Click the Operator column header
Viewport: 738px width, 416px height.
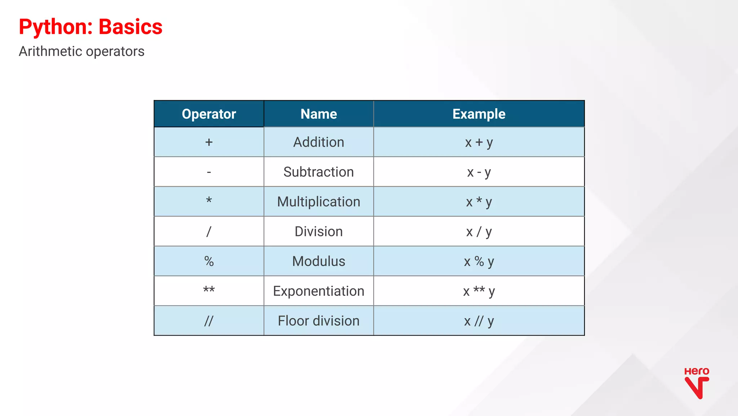click(x=209, y=114)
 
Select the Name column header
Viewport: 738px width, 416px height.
click(x=319, y=114)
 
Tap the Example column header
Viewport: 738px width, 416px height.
click(x=479, y=114)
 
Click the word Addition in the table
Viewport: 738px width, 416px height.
click(x=319, y=142)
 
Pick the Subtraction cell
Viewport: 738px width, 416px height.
click(x=319, y=172)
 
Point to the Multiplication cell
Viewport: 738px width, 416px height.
click(x=319, y=202)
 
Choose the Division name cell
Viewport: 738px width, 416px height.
click(x=319, y=232)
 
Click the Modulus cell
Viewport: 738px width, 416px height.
click(x=319, y=261)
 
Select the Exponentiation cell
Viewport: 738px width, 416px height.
click(x=319, y=291)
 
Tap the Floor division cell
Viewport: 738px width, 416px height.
click(x=319, y=321)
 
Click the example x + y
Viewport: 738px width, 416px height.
click(x=479, y=142)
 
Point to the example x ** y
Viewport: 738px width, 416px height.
click(x=479, y=291)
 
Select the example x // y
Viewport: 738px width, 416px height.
click(x=479, y=321)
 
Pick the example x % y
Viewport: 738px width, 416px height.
click(x=479, y=261)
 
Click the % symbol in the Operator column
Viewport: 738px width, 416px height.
click(x=209, y=261)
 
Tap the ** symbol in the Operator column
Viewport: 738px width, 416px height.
click(x=209, y=290)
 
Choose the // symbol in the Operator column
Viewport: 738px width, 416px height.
click(x=209, y=321)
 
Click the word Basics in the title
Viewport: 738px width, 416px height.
click(x=130, y=27)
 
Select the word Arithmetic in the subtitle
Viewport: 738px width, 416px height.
click(x=51, y=52)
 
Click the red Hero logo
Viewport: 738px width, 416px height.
click(x=697, y=383)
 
